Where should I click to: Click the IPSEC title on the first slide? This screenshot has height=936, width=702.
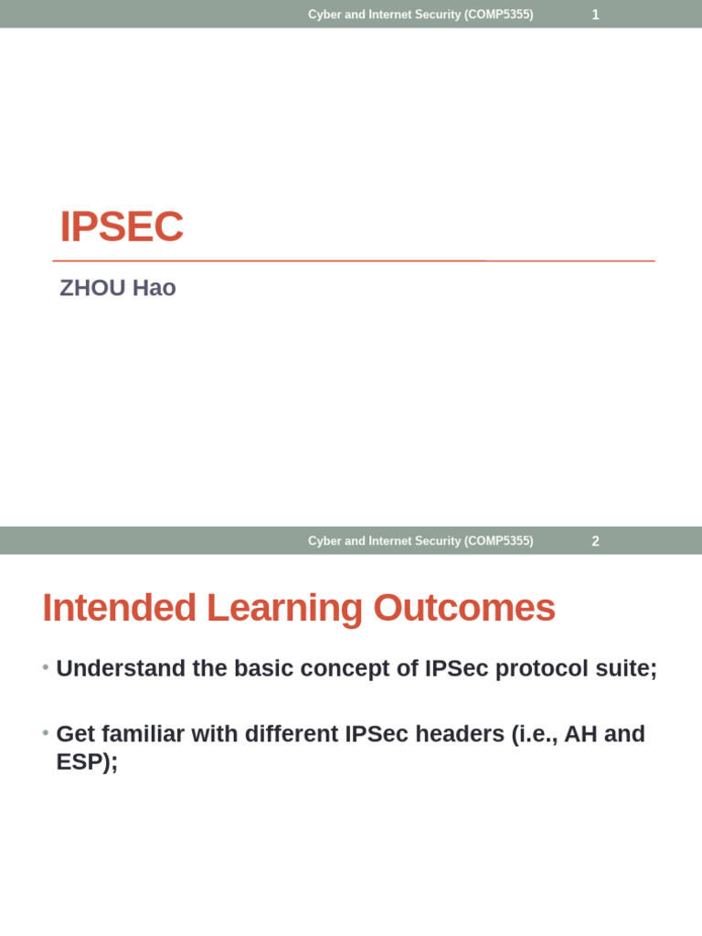122,227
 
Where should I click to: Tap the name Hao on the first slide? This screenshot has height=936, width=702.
154,288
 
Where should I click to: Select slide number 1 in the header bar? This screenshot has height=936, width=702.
595,15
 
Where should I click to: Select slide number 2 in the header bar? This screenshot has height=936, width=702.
595,541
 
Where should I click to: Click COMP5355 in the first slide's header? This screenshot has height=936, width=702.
498,15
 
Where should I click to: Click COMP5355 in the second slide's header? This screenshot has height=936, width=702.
498,541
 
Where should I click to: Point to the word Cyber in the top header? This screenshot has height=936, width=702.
324,15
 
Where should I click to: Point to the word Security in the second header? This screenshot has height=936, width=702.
437,541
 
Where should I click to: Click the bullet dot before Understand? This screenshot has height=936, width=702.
45,668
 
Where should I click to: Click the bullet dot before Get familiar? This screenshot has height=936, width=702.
45,733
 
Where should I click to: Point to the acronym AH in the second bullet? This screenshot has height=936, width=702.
581,734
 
